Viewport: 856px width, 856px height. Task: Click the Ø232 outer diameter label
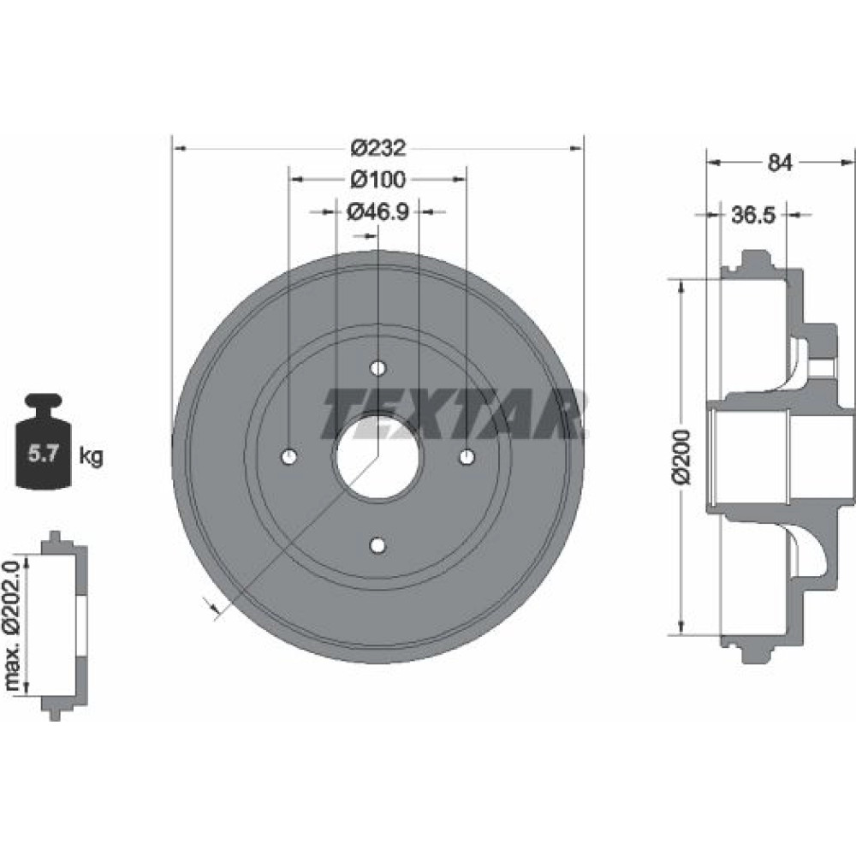coord(378,148)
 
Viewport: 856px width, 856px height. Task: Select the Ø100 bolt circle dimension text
coord(378,179)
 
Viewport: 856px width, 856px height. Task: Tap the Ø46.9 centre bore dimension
coord(377,211)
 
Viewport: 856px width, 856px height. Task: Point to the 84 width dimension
coord(780,162)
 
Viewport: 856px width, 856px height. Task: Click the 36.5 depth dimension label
coord(753,215)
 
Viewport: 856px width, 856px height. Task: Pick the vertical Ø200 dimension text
coord(682,457)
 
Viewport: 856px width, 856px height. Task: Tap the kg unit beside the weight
coord(91,455)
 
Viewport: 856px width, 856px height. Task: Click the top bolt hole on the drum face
coord(377,368)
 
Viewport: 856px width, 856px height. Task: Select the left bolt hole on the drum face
coord(289,456)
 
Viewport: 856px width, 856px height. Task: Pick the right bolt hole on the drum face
coord(467,456)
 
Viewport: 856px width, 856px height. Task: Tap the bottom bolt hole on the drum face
coord(377,544)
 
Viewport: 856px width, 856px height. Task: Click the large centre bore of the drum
coord(377,456)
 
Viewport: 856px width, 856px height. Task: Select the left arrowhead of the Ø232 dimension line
coord(180,148)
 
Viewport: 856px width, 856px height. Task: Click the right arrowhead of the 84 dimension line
coord(848,162)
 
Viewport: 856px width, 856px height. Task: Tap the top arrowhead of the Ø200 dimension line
coord(681,286)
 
